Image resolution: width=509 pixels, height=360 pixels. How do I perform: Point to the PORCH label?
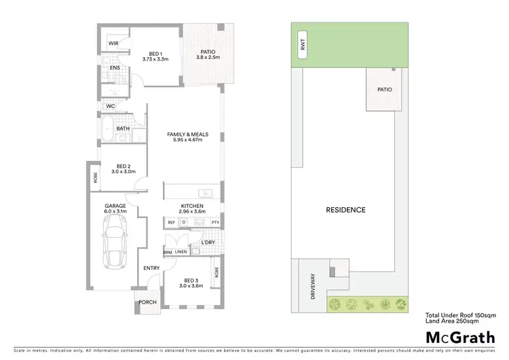click(148, 302)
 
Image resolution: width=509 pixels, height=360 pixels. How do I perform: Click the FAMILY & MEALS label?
click(187, 134)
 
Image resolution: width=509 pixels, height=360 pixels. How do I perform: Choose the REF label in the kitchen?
click(172, 222)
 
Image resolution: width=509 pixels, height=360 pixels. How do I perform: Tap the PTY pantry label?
click(215, 222)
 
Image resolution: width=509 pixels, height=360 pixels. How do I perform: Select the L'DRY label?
click(208, 242)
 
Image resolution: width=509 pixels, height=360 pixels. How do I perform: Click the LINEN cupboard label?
click(181, 252)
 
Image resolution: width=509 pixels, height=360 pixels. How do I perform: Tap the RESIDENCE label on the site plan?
click(346, 210)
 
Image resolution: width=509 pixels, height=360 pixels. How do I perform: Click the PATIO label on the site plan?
click(384, 89)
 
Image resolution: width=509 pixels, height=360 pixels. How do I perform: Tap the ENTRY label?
click(151, 268)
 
